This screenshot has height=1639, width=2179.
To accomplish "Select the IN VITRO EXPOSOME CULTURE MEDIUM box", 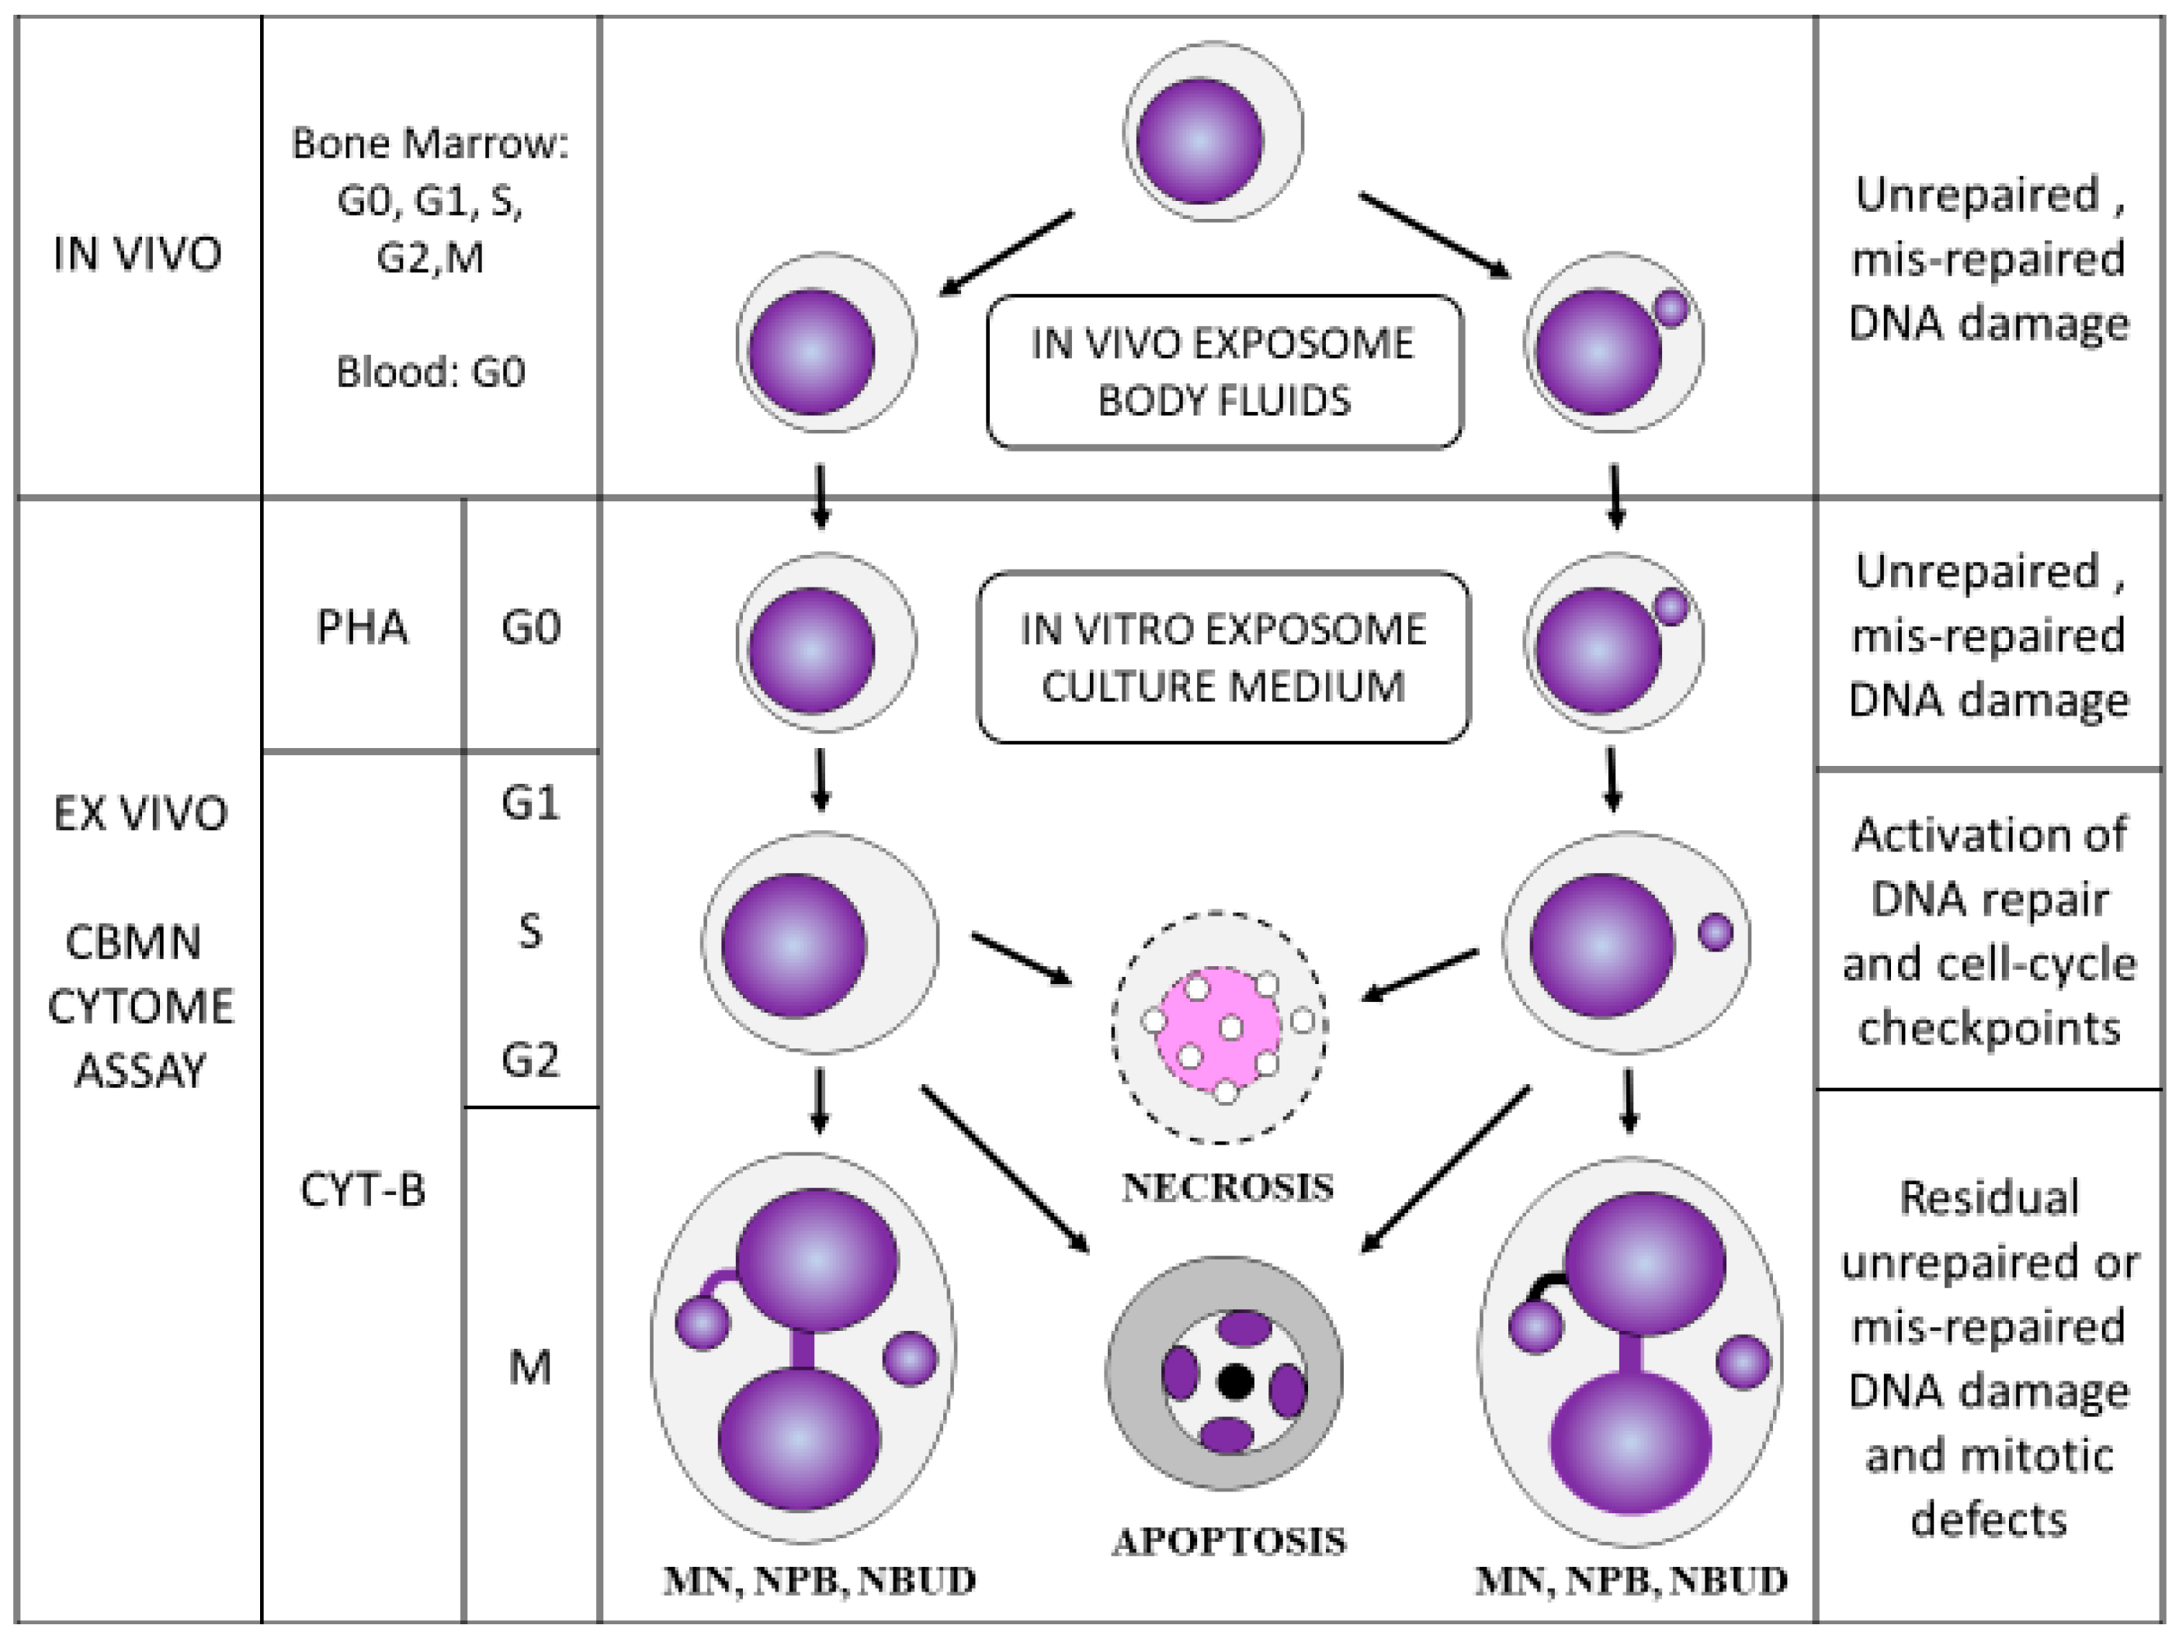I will tap(1223, 657).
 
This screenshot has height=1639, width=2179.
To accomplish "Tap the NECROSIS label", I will tap(1227, 1188).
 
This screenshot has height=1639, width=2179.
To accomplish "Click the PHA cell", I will tap(362, 626).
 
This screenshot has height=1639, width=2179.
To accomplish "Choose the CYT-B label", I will tap(363, 1190).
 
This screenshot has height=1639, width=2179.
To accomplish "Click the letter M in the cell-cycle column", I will tap(530, 1367).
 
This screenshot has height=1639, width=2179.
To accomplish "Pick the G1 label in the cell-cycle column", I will tap(530, 804).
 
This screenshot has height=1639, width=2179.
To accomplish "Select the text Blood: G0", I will tap(431, 372).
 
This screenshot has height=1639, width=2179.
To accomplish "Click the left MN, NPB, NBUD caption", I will tap(819, 1582).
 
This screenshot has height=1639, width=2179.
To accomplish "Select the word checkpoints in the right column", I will tap(1989, 1029).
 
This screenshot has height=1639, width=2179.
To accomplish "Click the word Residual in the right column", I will tap(1989, 1197).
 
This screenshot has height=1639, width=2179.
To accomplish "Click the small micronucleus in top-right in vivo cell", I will tap(1671, 308).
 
